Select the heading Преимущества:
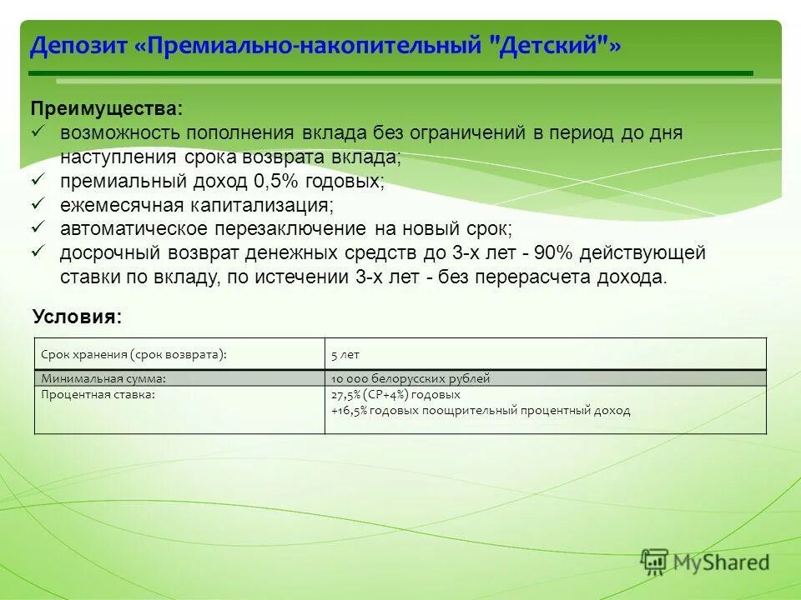pyautogui.click(x=104, y=109)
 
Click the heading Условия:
pyautogui.click(x=77, y=316)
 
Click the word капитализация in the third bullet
pyautogui.click(x=263, y=204)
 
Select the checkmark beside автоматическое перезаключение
pyautogui.click(x=37, y=227)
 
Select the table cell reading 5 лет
pyautogui.click(x=345, y=354)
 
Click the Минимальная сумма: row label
pyautogui.click(x=99, y=378)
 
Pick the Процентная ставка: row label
pyautogui.click(x=98, y=394)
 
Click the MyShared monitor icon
pyautogui.click(x=655, y=562)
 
